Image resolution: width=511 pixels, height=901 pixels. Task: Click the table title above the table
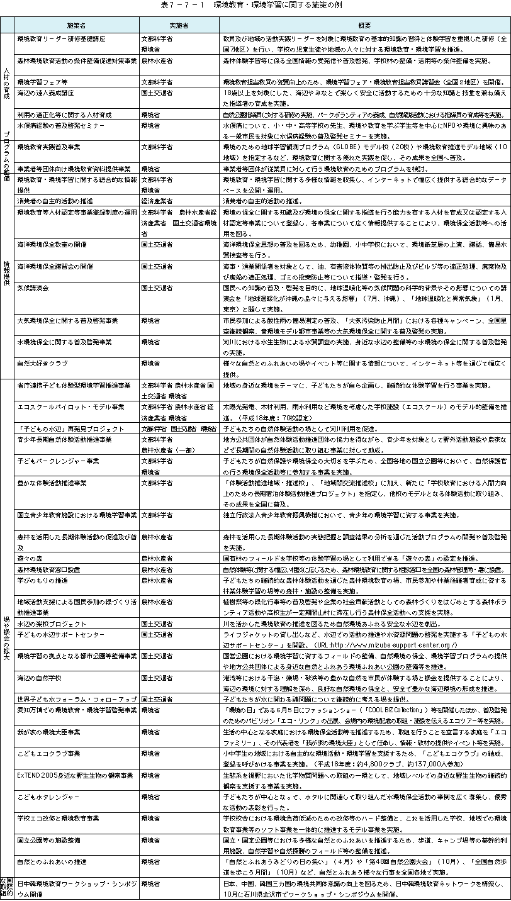pyautogui.click(x=255, y=5)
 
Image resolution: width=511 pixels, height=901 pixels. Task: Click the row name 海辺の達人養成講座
pyautogui.click(x=46, y=93)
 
